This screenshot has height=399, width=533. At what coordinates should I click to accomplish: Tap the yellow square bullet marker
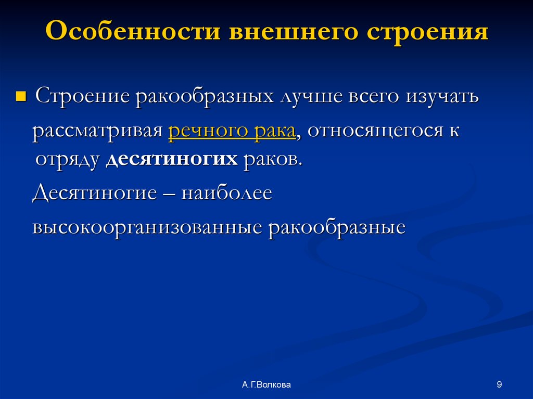21,97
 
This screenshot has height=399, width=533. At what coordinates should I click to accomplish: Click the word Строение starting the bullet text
83,97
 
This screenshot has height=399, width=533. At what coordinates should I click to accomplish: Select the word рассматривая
98,131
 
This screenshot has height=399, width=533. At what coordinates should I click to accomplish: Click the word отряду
67,159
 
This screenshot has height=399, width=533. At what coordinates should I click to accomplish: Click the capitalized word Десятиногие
94,193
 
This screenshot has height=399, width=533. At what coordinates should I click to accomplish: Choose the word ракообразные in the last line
337,227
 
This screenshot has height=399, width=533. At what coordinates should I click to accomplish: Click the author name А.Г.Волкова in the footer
266,385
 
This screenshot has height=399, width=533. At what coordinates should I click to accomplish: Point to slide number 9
500,385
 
